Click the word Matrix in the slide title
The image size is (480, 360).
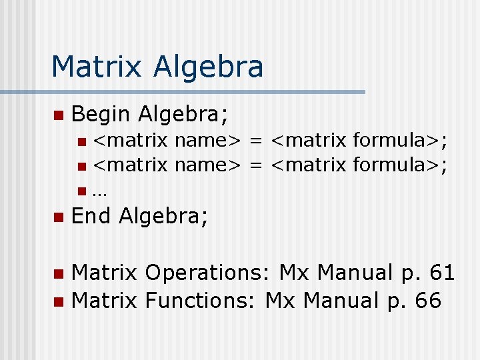96,67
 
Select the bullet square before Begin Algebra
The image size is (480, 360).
58,115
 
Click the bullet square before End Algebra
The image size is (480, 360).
58,217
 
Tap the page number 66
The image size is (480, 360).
427,301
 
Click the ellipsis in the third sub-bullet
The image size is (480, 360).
100,192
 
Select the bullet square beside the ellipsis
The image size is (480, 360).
81,192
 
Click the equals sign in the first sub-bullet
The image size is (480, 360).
255,141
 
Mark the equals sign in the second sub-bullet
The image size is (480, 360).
255,165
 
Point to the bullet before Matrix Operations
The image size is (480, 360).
58,273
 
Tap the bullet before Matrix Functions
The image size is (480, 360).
58,301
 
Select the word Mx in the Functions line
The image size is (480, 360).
280,301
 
